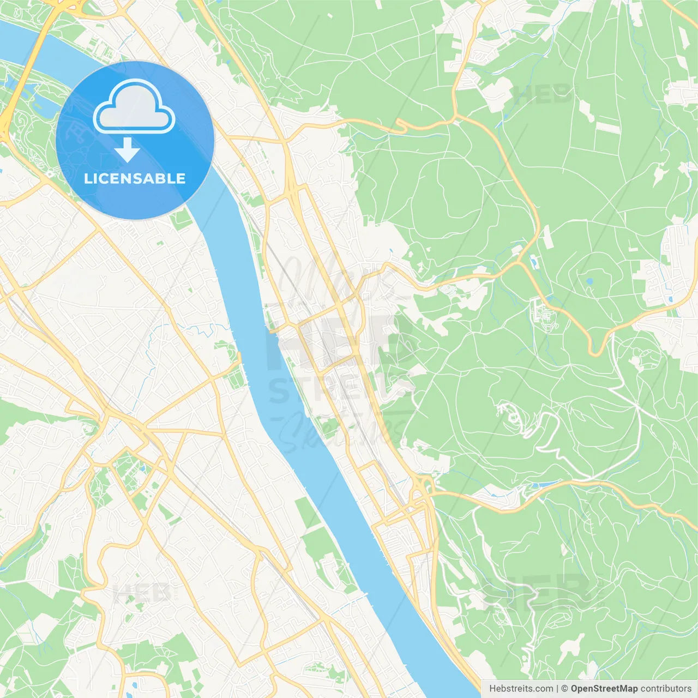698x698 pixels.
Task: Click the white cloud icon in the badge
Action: [x=134, y=107]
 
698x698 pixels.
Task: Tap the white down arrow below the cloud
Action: [x=128, y=150]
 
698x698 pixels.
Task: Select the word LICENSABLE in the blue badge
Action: [x=135, y=179]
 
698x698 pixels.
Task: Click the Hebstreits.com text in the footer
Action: [x=521, y=689]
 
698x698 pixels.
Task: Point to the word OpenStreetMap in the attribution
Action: [x=604, y=689]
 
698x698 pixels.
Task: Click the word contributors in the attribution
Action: [x=666, y=689]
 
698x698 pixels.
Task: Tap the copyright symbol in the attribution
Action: [x=564, y=689]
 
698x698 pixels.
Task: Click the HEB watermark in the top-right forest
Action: [x=543, y=94]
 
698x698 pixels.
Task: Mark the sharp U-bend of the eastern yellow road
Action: [x=596, y=352]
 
